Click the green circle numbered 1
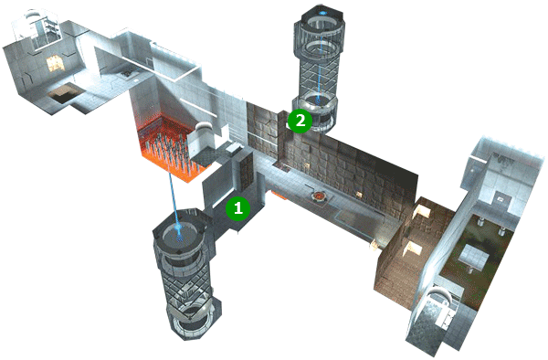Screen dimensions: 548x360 tap(237, 208)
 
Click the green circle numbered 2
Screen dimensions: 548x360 tap(300, 121)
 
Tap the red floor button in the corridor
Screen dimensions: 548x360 tap(319, 197)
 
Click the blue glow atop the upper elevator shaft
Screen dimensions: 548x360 tap(322, 14)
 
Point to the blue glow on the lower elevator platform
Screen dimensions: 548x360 tap(179, 231)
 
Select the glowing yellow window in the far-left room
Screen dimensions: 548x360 tap(54, 63)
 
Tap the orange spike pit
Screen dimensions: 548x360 tap(168, 147)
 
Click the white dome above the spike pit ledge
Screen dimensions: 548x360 tap(203, 129)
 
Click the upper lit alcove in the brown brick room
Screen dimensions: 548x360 tap(422, 210)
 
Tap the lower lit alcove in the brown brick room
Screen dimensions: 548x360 tap(413, 249)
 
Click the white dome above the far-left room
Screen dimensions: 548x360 tap(32, 15)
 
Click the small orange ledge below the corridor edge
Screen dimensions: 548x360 tap(279, 195)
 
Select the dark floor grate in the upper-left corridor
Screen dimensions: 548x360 tap(127, 74)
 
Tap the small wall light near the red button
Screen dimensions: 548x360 tap(358, 194)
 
